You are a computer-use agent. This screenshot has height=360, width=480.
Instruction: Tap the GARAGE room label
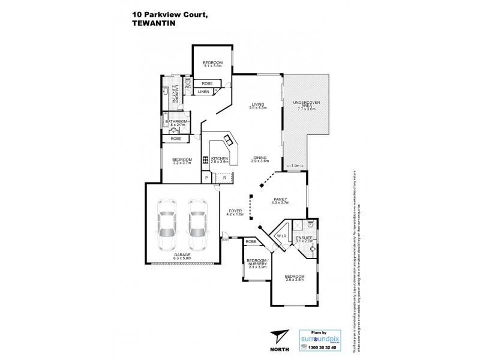[x=182, y=254]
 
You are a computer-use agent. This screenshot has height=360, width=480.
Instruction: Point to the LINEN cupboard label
[x=204, y=92]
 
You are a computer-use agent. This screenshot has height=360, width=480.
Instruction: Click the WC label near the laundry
[x=187, y=87]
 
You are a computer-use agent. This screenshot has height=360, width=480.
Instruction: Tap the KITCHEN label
[x=220, y=158]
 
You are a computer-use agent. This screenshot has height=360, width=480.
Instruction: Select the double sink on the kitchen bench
[x=229, y=140]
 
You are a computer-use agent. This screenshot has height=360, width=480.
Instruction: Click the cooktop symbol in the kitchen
[x=205, y=160]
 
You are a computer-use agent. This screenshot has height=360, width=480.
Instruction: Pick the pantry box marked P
[x=206, y=178]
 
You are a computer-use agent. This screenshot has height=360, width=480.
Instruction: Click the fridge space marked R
[x=224, y=178]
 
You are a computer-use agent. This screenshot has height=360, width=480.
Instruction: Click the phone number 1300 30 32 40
[x=319, y=347]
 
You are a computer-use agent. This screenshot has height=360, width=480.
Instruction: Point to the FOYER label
[x=235, y=211]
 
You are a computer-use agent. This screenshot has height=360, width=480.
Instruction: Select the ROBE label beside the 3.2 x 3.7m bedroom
[x=175, y=139]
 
